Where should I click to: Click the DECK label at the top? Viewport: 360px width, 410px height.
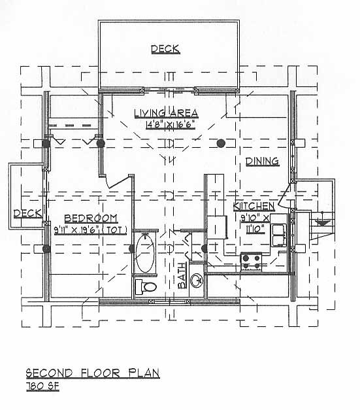[x=166, y=49]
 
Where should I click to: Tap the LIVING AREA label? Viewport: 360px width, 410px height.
[x=166, y=113]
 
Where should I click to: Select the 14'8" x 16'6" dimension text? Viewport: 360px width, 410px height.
[x=171, y=125]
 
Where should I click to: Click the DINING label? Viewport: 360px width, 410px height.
[x=262, y=162]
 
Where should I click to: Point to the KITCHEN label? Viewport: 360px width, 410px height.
[x=254, y=206]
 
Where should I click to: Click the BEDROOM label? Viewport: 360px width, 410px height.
[x=91, y=218]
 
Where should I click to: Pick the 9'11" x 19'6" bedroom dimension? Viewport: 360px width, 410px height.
[x=76, y=230]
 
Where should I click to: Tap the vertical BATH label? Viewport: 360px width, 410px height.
[x=182, y=275]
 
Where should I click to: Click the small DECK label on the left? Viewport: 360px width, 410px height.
[x=27, y=213]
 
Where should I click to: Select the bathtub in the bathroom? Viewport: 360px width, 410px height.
[x=144, y=253]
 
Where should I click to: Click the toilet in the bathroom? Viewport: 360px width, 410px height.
[x=146, y=286]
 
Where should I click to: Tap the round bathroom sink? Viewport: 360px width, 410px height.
[x=197, y=281]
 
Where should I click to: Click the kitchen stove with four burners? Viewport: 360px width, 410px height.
[x=251, y=262]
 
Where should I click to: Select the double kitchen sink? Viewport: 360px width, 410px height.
[x=279, y=235]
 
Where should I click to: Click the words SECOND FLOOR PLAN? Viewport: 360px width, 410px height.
[x=93, y=373]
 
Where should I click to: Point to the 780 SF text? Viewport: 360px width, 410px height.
[x=43, y=386]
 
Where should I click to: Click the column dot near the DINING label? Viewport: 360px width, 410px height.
[x=221, y=143]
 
